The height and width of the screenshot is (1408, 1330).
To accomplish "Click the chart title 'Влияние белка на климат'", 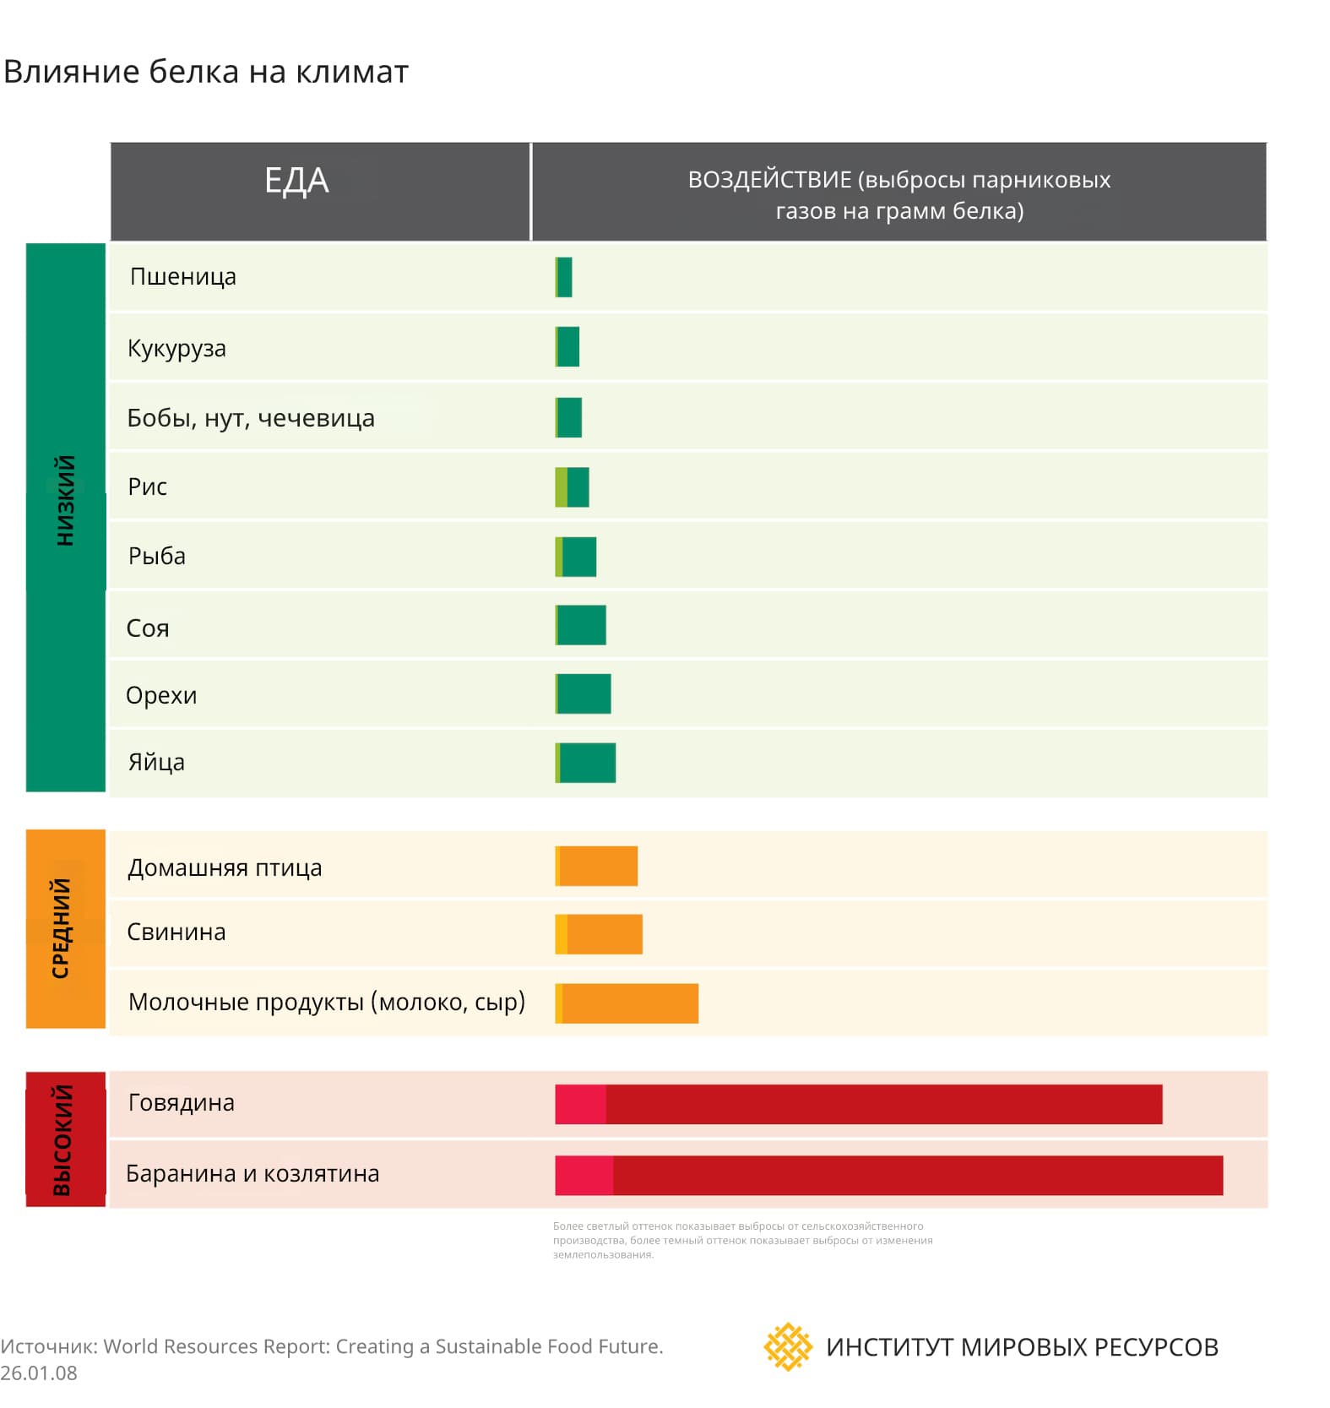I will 206,72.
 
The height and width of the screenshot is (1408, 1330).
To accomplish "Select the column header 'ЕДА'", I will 296,181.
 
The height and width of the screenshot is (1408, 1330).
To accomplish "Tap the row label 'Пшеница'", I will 183,277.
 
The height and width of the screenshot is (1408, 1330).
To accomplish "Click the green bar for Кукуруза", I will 568,347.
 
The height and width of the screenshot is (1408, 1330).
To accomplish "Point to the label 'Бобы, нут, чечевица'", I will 251,418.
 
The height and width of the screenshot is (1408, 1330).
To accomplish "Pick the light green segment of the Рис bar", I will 561,487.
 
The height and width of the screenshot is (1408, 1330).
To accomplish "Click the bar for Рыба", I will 578,557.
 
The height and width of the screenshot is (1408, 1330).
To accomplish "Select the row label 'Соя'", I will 148,628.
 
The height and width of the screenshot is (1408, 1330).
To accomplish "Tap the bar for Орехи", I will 584,694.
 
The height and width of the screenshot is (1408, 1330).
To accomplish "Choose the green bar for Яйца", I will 587,763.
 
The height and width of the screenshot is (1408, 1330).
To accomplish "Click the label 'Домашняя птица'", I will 225,868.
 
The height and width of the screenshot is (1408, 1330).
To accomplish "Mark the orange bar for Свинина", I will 604,934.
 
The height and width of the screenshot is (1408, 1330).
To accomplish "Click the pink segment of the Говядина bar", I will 580,1105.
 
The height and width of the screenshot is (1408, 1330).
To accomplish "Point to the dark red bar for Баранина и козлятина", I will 917,1176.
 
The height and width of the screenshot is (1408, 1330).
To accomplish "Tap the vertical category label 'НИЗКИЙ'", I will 65,501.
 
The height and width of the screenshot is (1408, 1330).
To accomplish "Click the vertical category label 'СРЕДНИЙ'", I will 62,928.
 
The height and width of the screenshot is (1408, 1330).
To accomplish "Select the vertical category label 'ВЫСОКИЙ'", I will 63,1139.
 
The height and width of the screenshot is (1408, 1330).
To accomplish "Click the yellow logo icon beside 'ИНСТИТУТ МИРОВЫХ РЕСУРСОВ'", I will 787,1346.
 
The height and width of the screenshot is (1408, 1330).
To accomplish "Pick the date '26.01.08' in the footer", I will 39,1373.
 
